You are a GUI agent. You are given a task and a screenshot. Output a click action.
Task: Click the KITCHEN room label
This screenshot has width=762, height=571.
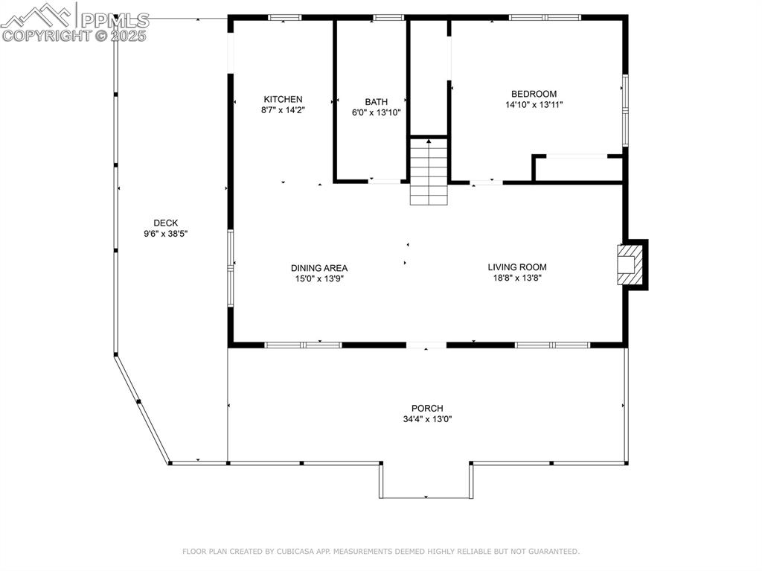283,99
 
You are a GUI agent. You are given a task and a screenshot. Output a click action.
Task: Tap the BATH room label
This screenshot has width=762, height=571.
376,102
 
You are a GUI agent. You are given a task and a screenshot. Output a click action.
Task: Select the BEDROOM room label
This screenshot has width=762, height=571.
534,94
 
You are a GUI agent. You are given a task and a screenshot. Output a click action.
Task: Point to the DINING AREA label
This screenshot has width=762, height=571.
318,268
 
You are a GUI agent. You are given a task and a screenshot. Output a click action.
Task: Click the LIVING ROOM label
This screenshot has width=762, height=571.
517,267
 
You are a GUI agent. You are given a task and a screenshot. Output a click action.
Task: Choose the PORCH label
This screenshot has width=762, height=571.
427,408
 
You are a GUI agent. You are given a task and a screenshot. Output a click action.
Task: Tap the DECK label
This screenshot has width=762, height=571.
165,223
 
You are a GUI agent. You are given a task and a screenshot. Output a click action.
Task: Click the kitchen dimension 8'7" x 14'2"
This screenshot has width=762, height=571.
283,110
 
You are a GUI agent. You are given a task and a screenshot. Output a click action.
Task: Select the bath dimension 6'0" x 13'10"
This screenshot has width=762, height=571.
376,113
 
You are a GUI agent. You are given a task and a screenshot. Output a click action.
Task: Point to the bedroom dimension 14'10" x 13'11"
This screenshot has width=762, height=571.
534,105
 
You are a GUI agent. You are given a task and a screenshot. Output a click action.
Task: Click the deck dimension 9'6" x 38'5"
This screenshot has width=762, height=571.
165,234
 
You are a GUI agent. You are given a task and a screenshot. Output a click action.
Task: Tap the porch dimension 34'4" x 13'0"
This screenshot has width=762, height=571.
427,419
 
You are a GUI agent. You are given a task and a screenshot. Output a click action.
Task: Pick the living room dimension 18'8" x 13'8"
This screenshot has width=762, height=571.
517,278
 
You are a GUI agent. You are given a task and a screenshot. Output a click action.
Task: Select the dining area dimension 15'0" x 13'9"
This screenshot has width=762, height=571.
318,279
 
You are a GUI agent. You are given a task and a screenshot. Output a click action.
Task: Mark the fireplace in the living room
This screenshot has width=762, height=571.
630,265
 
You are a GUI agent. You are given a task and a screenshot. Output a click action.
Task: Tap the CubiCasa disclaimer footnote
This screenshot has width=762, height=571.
380,552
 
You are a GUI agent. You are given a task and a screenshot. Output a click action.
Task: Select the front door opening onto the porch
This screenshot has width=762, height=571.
426,345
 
